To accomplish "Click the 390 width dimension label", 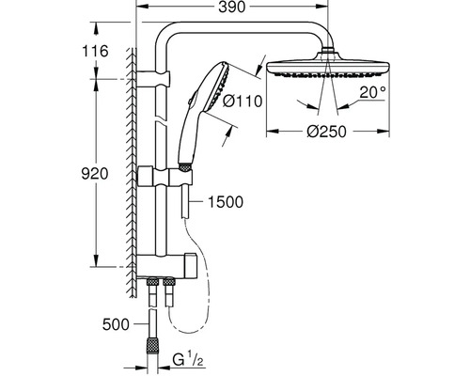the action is [x=232, y=8].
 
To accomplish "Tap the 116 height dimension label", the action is [x=95, y=51].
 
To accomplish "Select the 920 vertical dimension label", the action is [x=95, y=174].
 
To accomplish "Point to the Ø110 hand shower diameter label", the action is [x=242, y=102].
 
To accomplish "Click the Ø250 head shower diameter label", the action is [x=327, y=132].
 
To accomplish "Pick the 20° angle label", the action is [x=372, y=93].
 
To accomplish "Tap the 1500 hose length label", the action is [x=226, y=202].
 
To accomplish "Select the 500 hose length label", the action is [x=116, y=324].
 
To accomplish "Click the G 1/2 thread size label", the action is [x=188, y=360].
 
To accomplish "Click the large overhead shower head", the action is [x=328, y=67].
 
